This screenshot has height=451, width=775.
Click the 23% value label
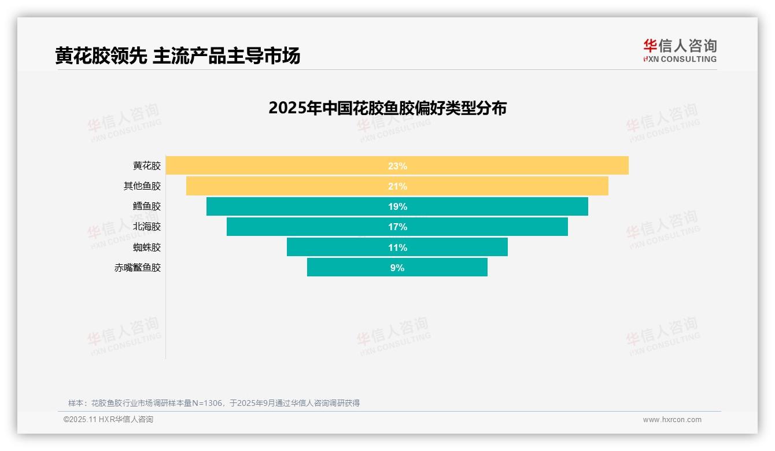pos(397,166)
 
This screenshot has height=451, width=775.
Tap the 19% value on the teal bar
pos(397,206)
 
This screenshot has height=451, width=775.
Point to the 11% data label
pos(397,247)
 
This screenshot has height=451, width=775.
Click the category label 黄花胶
pos(147,166)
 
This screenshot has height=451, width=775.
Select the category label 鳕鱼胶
pos(147,206)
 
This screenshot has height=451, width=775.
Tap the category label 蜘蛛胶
pos(147,247)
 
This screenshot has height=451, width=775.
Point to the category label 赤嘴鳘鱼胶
pos(138,268)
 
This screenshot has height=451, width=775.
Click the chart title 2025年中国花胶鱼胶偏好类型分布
pos(387,108)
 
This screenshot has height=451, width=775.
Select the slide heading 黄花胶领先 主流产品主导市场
pos(178,56)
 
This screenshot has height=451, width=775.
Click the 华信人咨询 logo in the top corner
pos(680,51)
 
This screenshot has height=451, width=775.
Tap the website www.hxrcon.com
pos(672,420)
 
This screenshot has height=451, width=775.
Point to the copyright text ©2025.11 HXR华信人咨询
pos(108,420)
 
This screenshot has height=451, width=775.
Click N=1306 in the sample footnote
pos(207,403)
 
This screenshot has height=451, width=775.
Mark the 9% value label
pos(397,268)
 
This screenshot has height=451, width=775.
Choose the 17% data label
pos(397,227)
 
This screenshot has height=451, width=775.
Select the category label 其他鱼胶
pos(142,186)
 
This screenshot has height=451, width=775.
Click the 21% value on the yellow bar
pos(397,186)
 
